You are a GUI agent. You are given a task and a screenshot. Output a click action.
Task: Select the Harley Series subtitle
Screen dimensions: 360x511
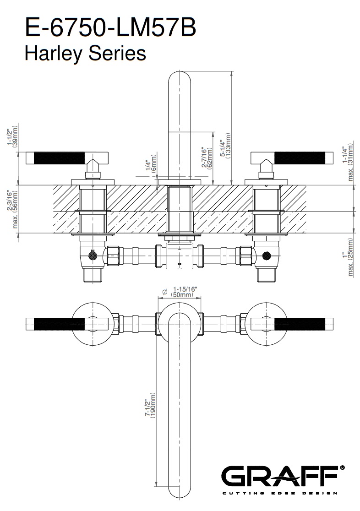click(85, 53)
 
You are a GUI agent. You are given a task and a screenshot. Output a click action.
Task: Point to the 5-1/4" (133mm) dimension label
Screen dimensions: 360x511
click(225, 146)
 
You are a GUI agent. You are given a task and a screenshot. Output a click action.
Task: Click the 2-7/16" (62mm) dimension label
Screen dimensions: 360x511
click(207, 158)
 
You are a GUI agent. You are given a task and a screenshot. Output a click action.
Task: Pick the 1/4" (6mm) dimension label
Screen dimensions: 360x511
click(151, 163)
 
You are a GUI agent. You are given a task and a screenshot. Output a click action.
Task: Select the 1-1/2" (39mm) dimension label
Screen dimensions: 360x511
click(13, 136)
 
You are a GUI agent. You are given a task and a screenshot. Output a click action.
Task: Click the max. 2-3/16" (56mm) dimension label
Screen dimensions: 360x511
click(13, 209)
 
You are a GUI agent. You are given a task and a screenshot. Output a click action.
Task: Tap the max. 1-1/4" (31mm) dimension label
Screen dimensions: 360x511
click(348, 162)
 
